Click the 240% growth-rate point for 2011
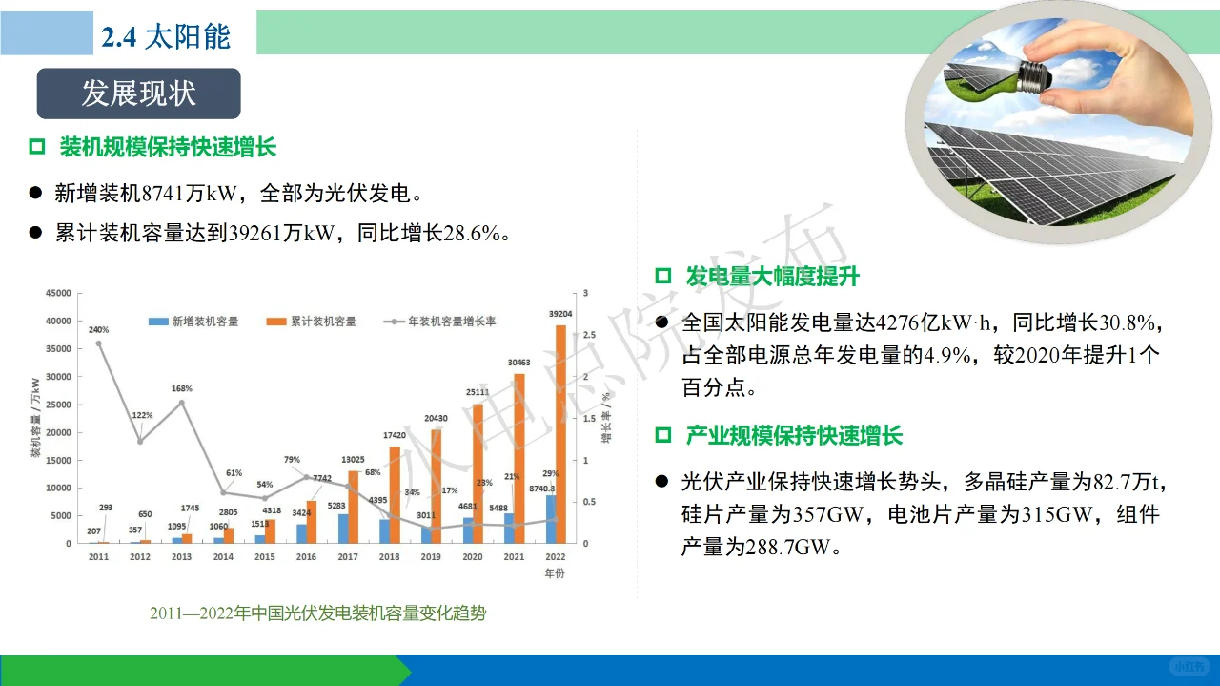[99, 343]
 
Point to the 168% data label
[182, 389]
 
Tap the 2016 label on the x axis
[307, 556]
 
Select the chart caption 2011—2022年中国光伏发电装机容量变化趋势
[317, 613]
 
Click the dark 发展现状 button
[138, 94]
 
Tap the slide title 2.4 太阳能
[166, 36]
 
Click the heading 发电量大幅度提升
[772, 277]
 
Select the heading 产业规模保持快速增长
[793, 436]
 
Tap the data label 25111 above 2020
[477, 392]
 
